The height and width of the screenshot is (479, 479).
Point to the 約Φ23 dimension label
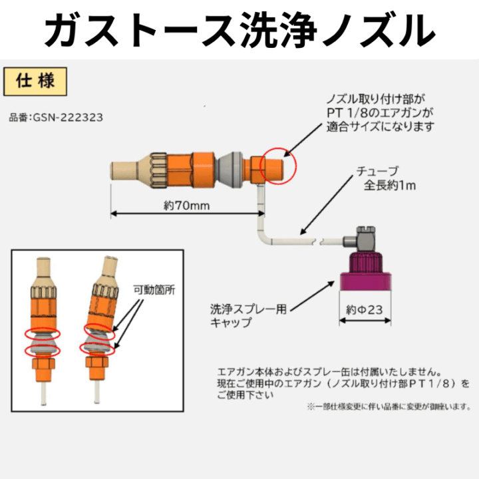363,309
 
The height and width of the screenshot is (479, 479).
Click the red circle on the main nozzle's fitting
277,164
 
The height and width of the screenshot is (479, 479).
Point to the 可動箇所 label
152,290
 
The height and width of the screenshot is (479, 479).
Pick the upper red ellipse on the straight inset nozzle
42,333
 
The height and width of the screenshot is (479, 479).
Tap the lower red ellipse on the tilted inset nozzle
96,347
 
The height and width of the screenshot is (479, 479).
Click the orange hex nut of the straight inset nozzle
42,367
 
